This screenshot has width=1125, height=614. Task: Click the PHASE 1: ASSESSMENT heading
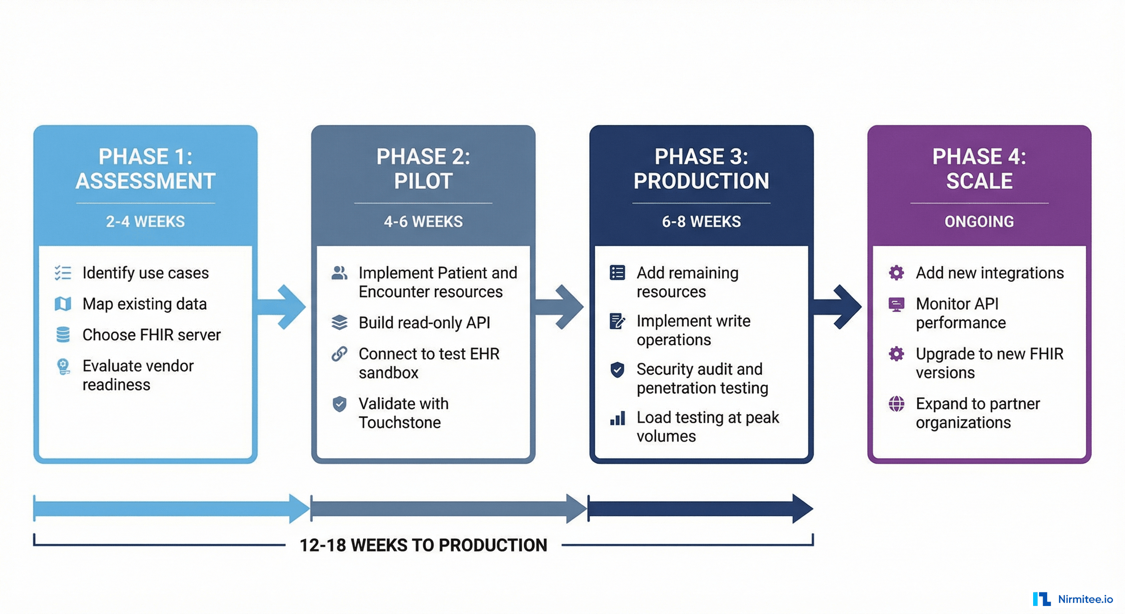pyautogui.click(x=145, y=169)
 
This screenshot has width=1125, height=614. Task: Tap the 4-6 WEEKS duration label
pyautogui.click(x=423, y=221)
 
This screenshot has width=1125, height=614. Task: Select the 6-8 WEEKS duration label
pyautogui.click(x=701, y=221)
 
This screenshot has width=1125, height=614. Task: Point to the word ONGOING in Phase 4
pyautogui.click(x=979, y=221)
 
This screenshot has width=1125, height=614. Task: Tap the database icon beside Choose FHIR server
pyautogui.click(x=63, y=335)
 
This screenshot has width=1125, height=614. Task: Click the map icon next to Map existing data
pyautogui.click(x=63, y=304)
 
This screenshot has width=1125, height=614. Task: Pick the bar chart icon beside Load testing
pyautogui.click(x=617, y=419)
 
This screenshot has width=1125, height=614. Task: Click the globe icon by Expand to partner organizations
pyautogui.click(x=896, y=404)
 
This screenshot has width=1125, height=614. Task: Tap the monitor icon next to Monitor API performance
pyautogui.click(x=896, y=304)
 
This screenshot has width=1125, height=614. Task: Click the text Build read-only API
pyautogui.click(x=424, y=323)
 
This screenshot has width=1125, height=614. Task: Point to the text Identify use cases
pyautogui.click(x=145, y=273)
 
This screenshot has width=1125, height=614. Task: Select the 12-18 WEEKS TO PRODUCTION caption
pyautogui.click(x=423, y=545)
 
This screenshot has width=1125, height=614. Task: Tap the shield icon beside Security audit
pyautogui.click(x=617, y=370)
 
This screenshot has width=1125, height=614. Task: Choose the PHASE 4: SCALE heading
pyautogui.click(x=979, y=169)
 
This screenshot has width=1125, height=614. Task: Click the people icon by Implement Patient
pyautogui.click(x=339, y=273)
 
